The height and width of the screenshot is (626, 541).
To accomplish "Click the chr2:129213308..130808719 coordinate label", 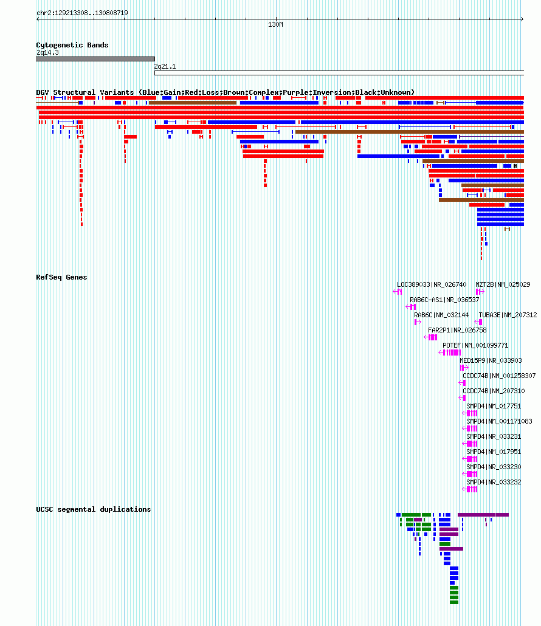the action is (82, 13).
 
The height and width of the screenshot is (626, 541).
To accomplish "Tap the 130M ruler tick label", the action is (275, 24).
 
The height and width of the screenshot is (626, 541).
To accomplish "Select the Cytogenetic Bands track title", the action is (72, 45).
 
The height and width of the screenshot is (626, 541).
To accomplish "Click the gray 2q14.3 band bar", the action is (95, 59).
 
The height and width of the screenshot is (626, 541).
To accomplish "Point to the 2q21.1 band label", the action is (165, 66).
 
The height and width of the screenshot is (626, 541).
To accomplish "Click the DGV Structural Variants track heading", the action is (225, 92).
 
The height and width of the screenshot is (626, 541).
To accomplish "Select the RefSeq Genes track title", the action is (61, 277).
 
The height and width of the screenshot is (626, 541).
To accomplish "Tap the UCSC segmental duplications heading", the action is (94, 509).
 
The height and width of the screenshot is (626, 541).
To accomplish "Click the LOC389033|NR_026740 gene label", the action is (432, 284).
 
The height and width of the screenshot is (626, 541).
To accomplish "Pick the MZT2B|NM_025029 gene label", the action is (503, 284).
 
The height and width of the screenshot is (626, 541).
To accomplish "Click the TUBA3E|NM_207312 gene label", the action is (508, 315).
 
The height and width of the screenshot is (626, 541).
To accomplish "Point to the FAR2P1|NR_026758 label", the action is (457, 330).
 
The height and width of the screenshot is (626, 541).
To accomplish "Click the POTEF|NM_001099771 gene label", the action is (475, 345).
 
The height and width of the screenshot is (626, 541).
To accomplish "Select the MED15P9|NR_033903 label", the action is (491, 360).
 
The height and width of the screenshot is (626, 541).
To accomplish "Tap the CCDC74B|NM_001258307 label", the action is (499, 376).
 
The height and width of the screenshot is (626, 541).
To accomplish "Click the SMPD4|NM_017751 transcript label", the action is (494, 406).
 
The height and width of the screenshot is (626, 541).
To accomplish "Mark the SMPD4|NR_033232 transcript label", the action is (494, 482).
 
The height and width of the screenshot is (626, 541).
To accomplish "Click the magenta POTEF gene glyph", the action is (450, 353).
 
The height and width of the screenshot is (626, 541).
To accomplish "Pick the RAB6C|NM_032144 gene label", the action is (441, 315).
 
